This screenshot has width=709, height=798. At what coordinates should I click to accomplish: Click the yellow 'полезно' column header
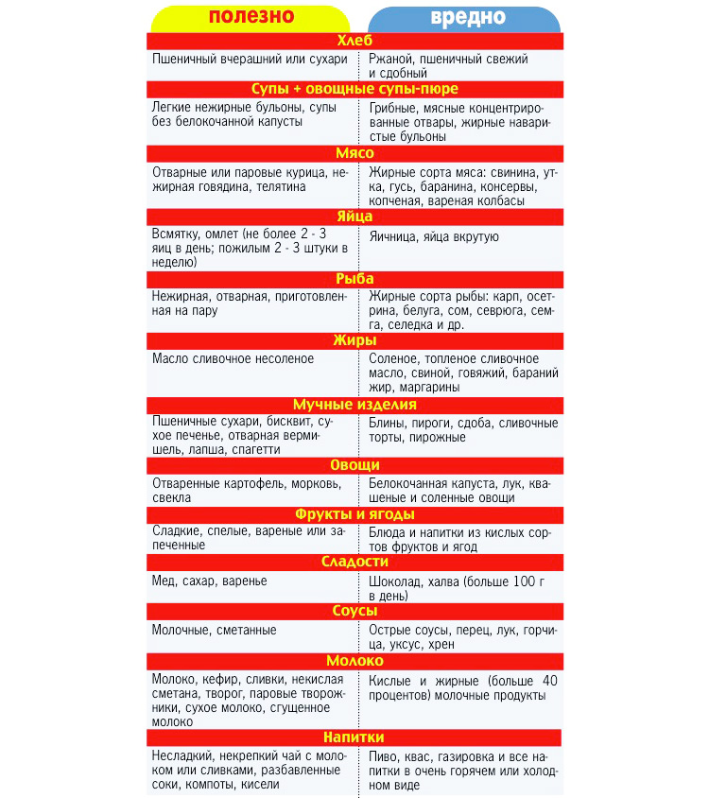(251, 18)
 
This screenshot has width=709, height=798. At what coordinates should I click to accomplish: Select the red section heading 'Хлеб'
(354, 41)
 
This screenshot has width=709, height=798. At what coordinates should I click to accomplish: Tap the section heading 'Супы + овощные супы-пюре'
(354, 89)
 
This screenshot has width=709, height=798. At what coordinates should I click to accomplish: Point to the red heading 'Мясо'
(354, 152)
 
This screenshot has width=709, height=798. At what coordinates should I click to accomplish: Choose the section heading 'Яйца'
(354, 216)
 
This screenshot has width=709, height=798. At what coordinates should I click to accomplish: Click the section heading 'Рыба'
(354, 279)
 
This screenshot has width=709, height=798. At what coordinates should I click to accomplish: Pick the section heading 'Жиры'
(354, 340)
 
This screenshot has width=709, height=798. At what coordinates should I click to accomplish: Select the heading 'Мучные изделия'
(354, 404)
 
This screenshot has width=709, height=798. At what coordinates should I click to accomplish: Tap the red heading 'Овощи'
(354, 465)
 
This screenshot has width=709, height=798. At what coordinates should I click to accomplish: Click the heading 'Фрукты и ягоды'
(354, 514)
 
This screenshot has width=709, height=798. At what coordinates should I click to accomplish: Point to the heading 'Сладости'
(354, 562)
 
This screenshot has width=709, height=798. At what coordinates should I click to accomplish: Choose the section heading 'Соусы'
(354, 611)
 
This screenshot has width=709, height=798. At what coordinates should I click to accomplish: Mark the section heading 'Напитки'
(354, 737)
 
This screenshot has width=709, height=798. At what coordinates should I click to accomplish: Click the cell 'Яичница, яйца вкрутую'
(434, 237)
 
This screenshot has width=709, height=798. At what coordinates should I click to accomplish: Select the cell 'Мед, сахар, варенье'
(210, 581)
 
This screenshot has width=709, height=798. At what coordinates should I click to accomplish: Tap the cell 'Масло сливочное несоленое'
(233, 359)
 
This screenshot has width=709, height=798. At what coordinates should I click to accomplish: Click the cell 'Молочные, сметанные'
(215, 630)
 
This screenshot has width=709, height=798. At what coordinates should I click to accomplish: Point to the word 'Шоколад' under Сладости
(395, 581)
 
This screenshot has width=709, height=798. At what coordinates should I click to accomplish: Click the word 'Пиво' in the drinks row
(384, 756)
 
